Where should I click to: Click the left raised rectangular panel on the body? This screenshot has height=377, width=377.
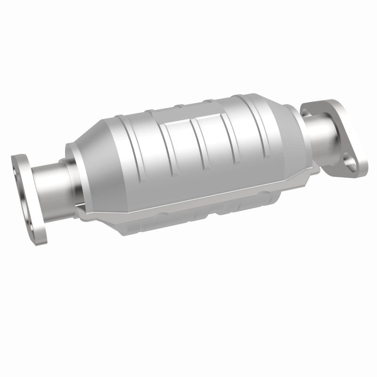[x=181, y=141]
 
